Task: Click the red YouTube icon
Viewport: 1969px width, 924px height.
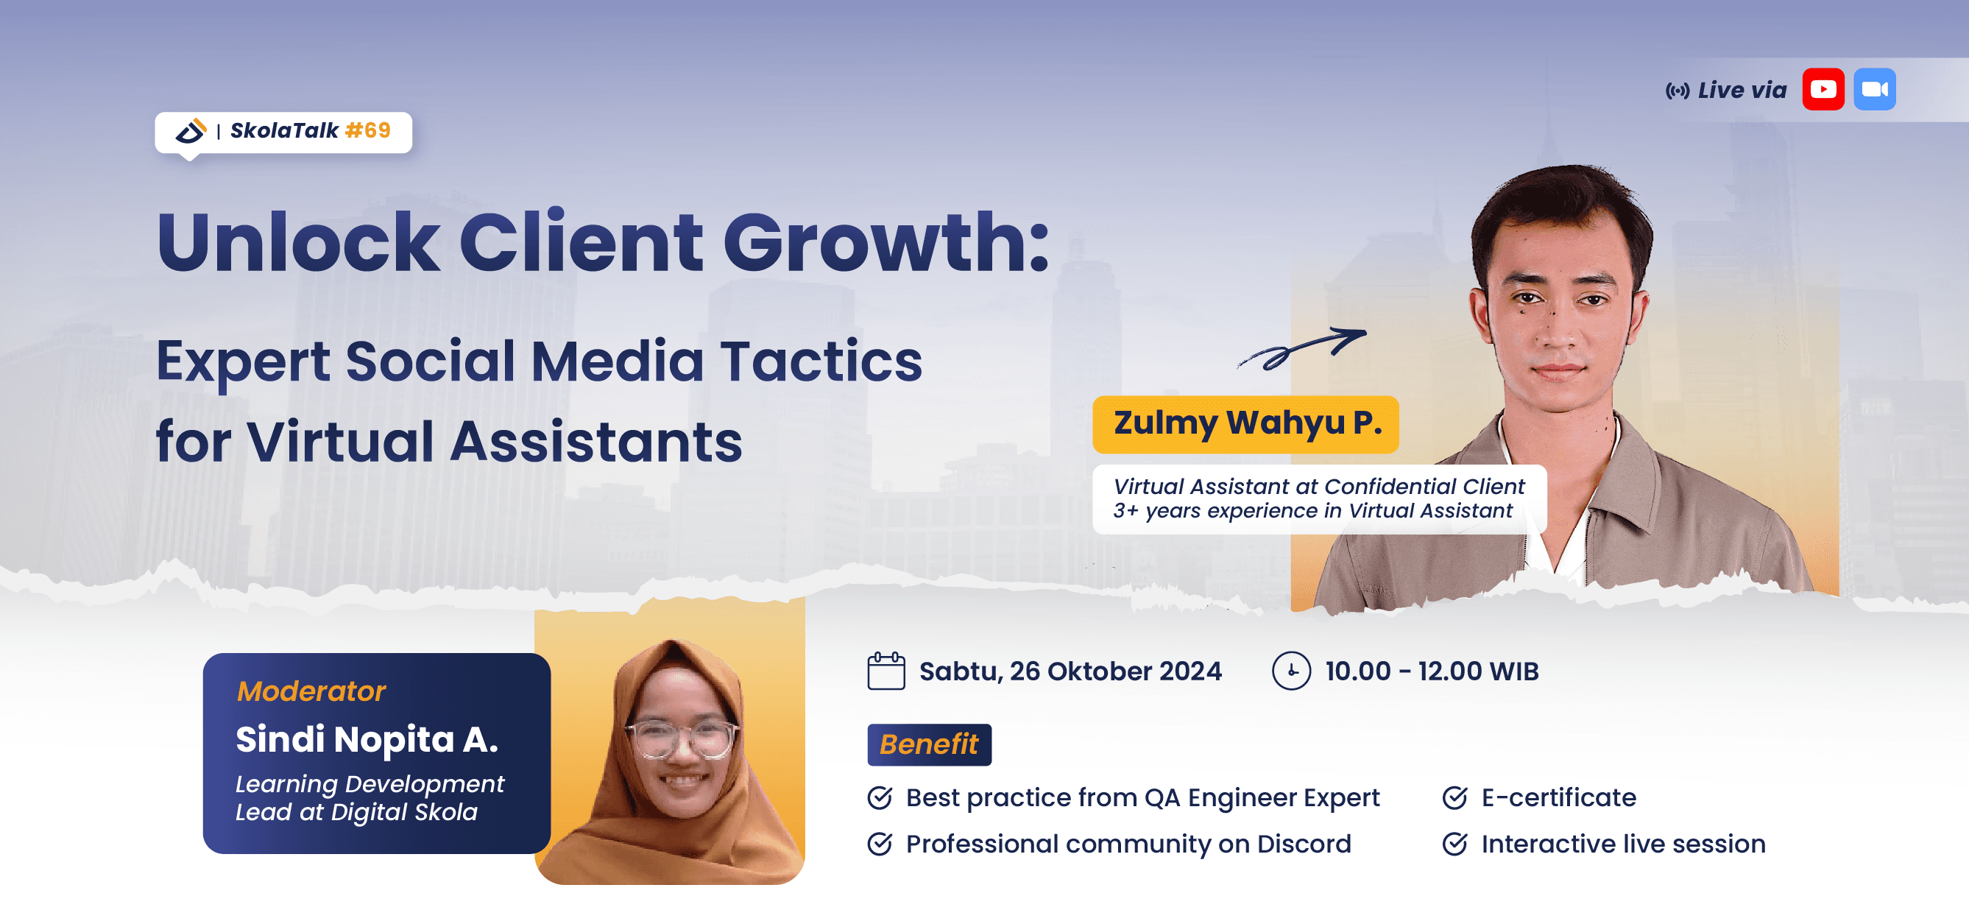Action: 1823,89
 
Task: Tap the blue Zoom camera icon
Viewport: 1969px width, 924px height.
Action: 1874,89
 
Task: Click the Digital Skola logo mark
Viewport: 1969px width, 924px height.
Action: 191,131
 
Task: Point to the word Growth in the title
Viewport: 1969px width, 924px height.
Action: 887,242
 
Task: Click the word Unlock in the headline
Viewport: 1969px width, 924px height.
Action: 298,242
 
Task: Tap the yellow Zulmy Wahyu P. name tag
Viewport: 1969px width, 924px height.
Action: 1246,424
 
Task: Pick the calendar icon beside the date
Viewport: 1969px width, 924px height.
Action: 886,671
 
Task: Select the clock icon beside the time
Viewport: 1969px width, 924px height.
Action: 1291,671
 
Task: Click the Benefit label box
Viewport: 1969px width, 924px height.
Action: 930,744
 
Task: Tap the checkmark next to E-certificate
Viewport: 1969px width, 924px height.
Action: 1454,798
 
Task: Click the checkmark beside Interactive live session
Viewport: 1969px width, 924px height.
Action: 1454,844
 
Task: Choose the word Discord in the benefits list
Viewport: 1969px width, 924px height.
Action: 1304,844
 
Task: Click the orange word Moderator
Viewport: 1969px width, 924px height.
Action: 311,691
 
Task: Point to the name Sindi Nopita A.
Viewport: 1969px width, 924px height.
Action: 367,739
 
